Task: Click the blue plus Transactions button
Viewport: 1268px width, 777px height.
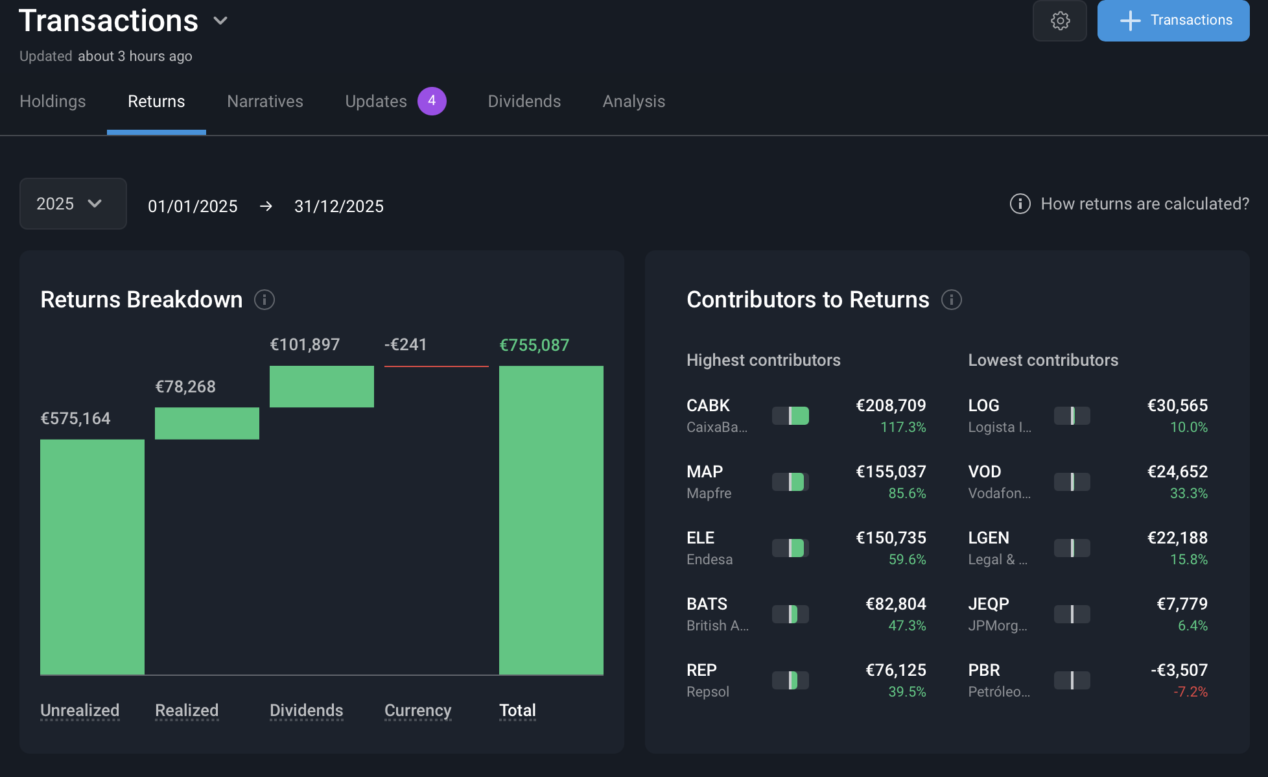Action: point(1173,21)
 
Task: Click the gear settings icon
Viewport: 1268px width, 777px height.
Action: point(1060,21)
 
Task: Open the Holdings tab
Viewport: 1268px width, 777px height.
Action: point(53,101)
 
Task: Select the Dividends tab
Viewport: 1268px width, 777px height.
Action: point(524,101)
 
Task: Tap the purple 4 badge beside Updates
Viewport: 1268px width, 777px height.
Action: point(432,101)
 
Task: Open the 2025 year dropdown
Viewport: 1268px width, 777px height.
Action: point(73,204)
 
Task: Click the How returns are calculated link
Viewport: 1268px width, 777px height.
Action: point(1144,204)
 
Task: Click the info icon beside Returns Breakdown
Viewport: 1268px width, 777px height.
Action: point(264,300)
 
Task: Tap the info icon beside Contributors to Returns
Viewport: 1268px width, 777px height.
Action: point(951,300)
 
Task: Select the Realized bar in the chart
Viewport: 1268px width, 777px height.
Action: point(207,424)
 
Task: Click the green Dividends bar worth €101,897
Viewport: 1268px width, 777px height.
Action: point(322,387)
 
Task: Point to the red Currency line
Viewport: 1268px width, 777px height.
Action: point(436,366)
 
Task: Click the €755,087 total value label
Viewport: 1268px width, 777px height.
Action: point(534,345)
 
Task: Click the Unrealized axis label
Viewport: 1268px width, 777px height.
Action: point(80,710)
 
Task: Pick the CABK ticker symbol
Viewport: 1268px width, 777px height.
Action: point(708,405)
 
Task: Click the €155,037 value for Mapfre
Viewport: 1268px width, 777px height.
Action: point(891,472)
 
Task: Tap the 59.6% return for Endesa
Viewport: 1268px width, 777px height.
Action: point(907,559)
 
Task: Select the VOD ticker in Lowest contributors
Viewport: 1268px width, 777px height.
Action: point(984,472)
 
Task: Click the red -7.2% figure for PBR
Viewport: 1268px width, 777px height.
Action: point(1190,691)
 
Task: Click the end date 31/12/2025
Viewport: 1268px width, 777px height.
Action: point(339,206)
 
